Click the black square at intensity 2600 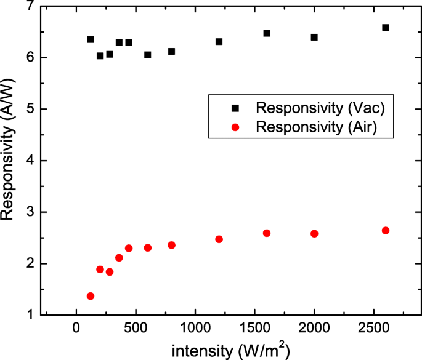386,28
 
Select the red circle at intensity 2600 386,231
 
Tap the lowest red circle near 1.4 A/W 91,296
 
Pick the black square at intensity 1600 267,33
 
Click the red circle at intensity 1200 219,239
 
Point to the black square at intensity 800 171,52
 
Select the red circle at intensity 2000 314,234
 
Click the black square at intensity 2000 314,38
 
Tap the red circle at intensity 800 171,245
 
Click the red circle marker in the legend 235,127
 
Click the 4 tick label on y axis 29,161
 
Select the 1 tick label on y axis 29,315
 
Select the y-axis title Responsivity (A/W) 9,160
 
